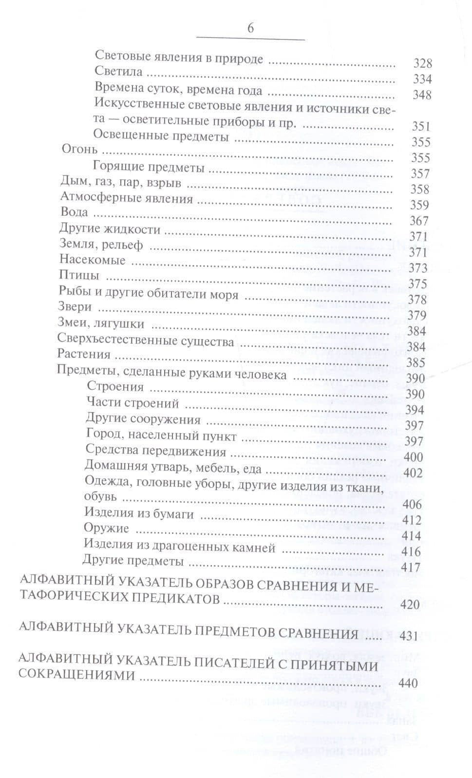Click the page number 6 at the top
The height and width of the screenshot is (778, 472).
(x=250, y=28)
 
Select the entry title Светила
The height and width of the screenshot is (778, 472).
(x=118, y=72)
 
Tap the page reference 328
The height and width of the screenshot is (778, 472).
(x=422, y=63)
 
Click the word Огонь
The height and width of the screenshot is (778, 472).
(x=80, y=149)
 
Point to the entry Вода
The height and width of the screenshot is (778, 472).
(x=74, y=212)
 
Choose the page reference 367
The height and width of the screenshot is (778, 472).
(x=419, y=221)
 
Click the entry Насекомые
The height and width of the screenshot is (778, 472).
(x=93, y=260)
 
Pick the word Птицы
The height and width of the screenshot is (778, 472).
(x=79, y=276)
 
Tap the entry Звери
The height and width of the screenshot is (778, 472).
(x=75, y=307)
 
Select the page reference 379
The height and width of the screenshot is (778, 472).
(x=417, y=315)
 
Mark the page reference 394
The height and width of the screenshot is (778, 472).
(x=415, y=410)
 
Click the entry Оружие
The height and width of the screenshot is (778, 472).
(x=106, y=529)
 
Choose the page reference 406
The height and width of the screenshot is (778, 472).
(x=412, y=504)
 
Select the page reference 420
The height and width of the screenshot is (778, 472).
(x=409, y=605)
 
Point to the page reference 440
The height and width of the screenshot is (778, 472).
(x=408, y=683)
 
